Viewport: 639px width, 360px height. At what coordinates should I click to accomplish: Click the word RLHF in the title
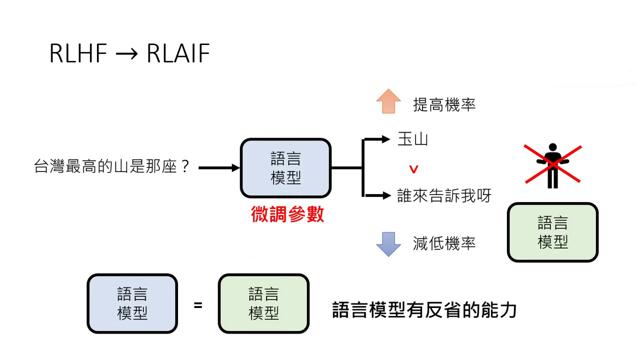click(x=78, y=53)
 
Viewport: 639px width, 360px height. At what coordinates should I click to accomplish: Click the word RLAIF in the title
click(x=178, y=53)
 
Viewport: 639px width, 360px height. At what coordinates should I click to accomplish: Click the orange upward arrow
click(x=388, y=101)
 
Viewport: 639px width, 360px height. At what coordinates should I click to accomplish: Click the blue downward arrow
click(x=388, y=244)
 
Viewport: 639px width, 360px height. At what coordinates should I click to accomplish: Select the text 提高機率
click(x=444, y=104)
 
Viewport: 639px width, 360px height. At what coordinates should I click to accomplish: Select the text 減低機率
click(x=444, y=243)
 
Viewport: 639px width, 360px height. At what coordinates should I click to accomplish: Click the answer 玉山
click(x=412, y=139)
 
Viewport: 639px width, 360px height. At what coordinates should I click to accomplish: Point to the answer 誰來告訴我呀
click(x=444, y=195)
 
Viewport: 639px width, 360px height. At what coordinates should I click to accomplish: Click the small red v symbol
click(x=413, y=169)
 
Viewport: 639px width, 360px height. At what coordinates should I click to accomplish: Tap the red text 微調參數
click(x=287, y=214)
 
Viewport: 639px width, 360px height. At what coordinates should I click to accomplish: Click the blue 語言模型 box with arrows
click(x=285, y=168)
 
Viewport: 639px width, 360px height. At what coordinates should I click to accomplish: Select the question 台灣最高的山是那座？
click(x=112, y=166)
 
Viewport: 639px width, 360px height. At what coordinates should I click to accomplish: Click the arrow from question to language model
click(x=219, y=168)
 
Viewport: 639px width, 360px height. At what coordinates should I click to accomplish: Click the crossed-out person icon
click(x=552, y=165)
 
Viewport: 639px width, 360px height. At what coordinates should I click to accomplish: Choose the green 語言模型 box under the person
click(x=552, y=232)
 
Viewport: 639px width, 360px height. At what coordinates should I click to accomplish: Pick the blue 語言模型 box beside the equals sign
click(x=132, y=303)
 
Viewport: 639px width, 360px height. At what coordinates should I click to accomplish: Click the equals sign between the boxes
click(x=198, y=304)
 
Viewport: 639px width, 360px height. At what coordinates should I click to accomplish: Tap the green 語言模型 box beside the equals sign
click(x=263, y=303)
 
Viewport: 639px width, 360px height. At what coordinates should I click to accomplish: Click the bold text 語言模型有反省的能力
click(x=424, y=310)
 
